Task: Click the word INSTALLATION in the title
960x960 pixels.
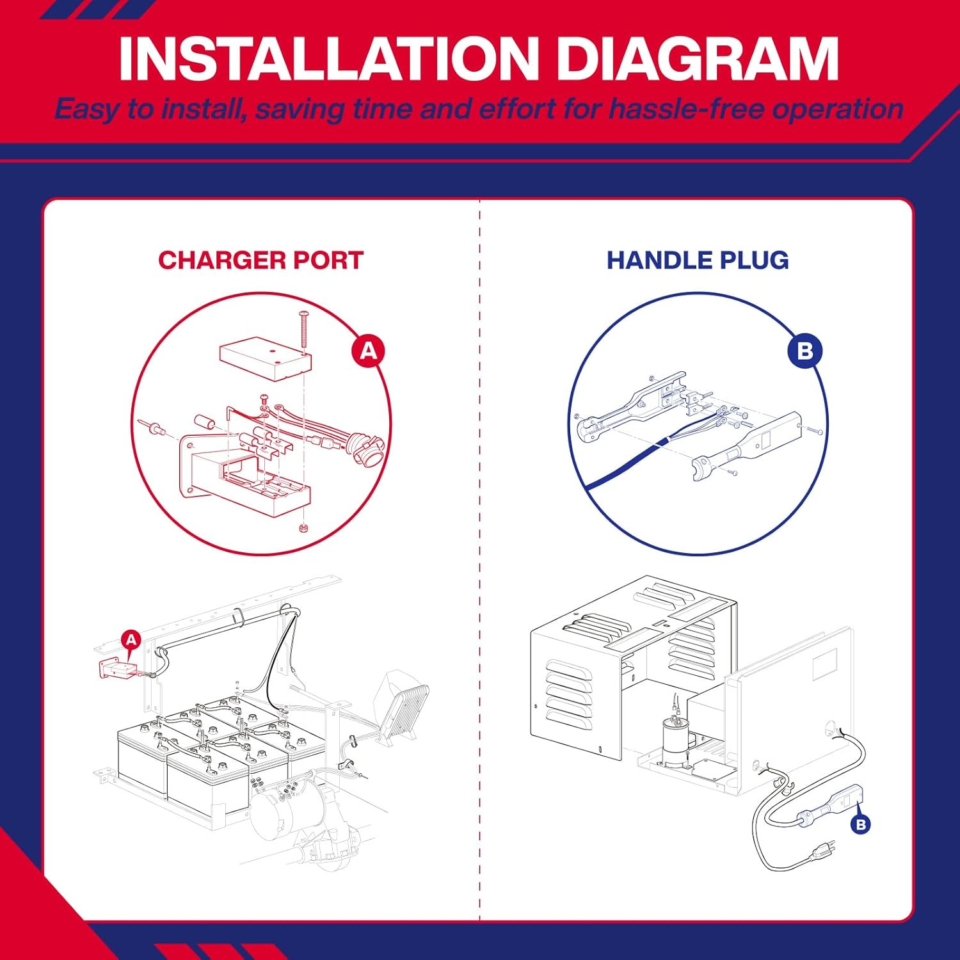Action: [x=329, y=58]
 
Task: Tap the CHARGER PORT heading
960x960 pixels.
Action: [x=260, y=260]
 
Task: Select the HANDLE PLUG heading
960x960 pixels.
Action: [x=698, y=260]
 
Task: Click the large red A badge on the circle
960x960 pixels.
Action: [x=369, y=351]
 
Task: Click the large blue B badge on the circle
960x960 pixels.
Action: [x=805, y=351]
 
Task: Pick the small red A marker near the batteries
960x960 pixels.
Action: [x=131, y=639]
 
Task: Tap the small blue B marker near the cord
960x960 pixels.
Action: [x=861, y=824]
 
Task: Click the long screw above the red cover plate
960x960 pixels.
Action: [x=303, y=329]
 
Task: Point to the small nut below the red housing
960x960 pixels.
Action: [x=303, y=529]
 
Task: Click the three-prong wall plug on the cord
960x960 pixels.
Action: [x=822, y=851]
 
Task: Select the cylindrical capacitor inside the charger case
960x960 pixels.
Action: [x=673, y=737]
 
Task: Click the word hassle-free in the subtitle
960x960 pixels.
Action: [x=686, y=109]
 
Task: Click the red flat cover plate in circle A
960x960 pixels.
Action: [x=266, y=358]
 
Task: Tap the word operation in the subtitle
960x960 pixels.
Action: [x=837, y=109]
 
